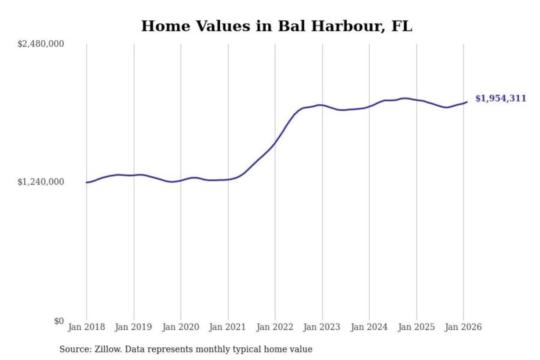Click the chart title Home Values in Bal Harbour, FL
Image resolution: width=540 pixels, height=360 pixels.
(x=276, y=26)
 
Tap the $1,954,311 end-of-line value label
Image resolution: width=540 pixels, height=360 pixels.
(x=500, y=98)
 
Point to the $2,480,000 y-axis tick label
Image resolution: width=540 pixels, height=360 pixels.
(x=41, y=44)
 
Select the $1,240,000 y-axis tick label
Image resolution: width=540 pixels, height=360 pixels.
(x=41, y=182)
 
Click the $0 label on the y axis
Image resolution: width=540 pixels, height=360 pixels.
(x=59, y=321)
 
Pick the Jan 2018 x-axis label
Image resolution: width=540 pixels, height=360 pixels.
(x=86, y=327)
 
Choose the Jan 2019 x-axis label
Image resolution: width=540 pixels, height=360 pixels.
(x=133, y=327)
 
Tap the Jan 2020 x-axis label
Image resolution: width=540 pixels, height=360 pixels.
(x=180, y=327)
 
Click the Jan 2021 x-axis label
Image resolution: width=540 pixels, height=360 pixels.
(x=227, y=327)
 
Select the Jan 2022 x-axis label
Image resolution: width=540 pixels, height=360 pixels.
(x=274, y=327)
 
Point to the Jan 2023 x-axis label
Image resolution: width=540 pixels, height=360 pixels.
(x=321, y=327)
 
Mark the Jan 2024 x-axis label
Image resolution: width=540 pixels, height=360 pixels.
(x=369, y=327)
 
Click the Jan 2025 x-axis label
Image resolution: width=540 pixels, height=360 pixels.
(x=416, y=327)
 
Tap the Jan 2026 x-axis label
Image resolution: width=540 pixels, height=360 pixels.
(x=463, y=327)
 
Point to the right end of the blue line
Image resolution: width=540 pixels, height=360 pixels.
(x=466, y=102)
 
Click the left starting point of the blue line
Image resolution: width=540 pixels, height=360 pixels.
(x=87, y=183)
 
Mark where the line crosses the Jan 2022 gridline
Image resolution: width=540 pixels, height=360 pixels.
(x=275, y=142)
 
